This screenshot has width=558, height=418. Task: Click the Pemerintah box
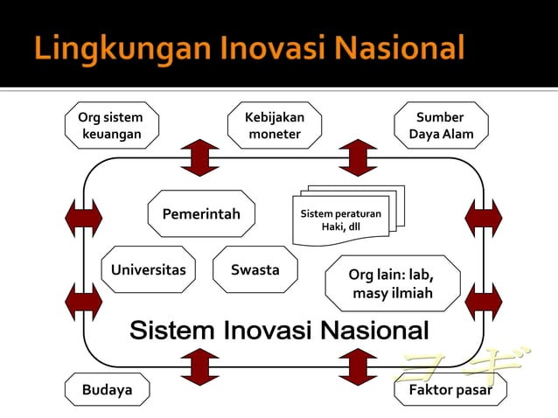click(x=201, y=214)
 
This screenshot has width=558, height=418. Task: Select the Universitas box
click(x=148, y=270)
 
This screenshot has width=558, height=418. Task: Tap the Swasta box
click(x=255, y=270)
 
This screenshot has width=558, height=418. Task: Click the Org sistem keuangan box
click(x=111, y=125)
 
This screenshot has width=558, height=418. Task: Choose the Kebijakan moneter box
click(x=275, y=125)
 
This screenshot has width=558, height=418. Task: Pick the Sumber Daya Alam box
click(x=441, y=125)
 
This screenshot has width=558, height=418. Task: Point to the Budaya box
click(x=108, y=390)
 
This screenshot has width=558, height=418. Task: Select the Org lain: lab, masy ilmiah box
click(x=392, y=283)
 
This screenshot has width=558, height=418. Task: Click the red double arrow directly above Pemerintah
click(x=201, y=157)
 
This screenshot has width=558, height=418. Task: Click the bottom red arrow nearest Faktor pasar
click(x=358, y=366)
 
